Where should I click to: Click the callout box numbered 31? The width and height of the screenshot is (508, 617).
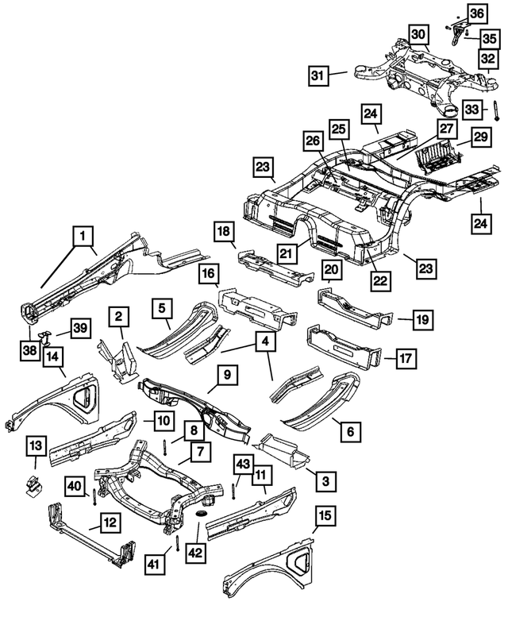[317, 75]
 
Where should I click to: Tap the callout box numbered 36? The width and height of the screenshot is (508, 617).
[477, 14]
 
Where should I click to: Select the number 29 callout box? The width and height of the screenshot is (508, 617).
[480, 137]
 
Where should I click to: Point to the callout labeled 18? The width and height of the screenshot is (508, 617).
[224, 231]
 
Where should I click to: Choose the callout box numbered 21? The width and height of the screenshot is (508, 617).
[287, 253]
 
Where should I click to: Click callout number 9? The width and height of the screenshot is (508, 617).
[227, 375]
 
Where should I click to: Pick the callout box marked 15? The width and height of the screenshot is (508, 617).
[325, 516]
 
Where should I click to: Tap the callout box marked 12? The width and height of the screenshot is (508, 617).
[110, 523]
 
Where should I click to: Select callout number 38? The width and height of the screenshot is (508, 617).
[30, 350]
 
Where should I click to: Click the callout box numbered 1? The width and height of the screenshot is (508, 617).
[83, 236]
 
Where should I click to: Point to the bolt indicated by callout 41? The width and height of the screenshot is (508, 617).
[177, 543]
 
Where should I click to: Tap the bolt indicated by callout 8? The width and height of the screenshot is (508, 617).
[165, 446]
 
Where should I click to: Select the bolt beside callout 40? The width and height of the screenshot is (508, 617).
[94, 497]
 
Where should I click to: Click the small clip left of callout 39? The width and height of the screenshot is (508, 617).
[44, 337]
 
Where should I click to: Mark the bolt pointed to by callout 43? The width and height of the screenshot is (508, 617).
[233, 491]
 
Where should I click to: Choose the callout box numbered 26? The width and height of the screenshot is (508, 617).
[314, 141]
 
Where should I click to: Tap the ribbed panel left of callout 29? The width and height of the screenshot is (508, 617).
[441, 156]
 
